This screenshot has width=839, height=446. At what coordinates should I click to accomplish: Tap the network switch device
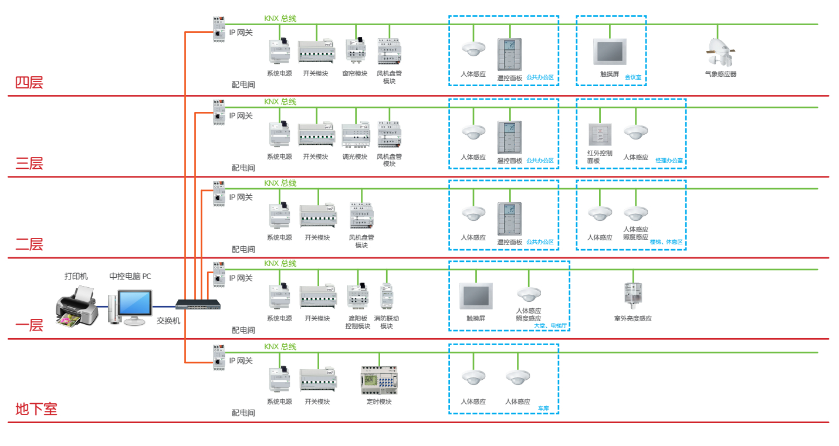click(x=198, y=305)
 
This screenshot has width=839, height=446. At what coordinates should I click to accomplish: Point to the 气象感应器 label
click(x=720, y=74)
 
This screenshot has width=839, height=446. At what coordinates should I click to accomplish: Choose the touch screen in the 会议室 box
click(x=610, y=52)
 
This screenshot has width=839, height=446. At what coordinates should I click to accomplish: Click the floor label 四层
click(x=29, y=83)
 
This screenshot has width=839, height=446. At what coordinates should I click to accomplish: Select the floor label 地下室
click(x=36, y=409)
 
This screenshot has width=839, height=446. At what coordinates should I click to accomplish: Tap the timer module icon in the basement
click(x=379, y=380)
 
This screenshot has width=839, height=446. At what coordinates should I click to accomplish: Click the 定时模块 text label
click(x=379, y=402)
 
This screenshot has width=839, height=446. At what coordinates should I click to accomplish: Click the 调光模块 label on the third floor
click(x=355, y=157)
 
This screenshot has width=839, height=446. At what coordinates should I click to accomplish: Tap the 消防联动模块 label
click(x=387, y=322)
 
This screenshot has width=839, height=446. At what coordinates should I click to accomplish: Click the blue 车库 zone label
click(x=543, y=408)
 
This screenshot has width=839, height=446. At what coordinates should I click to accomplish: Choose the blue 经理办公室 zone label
click(x=669, y=161)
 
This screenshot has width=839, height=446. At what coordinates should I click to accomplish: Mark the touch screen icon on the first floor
click(x=476, y=295)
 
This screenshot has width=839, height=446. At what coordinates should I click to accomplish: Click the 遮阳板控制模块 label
click(x=358, y=322)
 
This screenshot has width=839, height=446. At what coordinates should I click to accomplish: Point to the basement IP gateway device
click(x=219, y=357)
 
